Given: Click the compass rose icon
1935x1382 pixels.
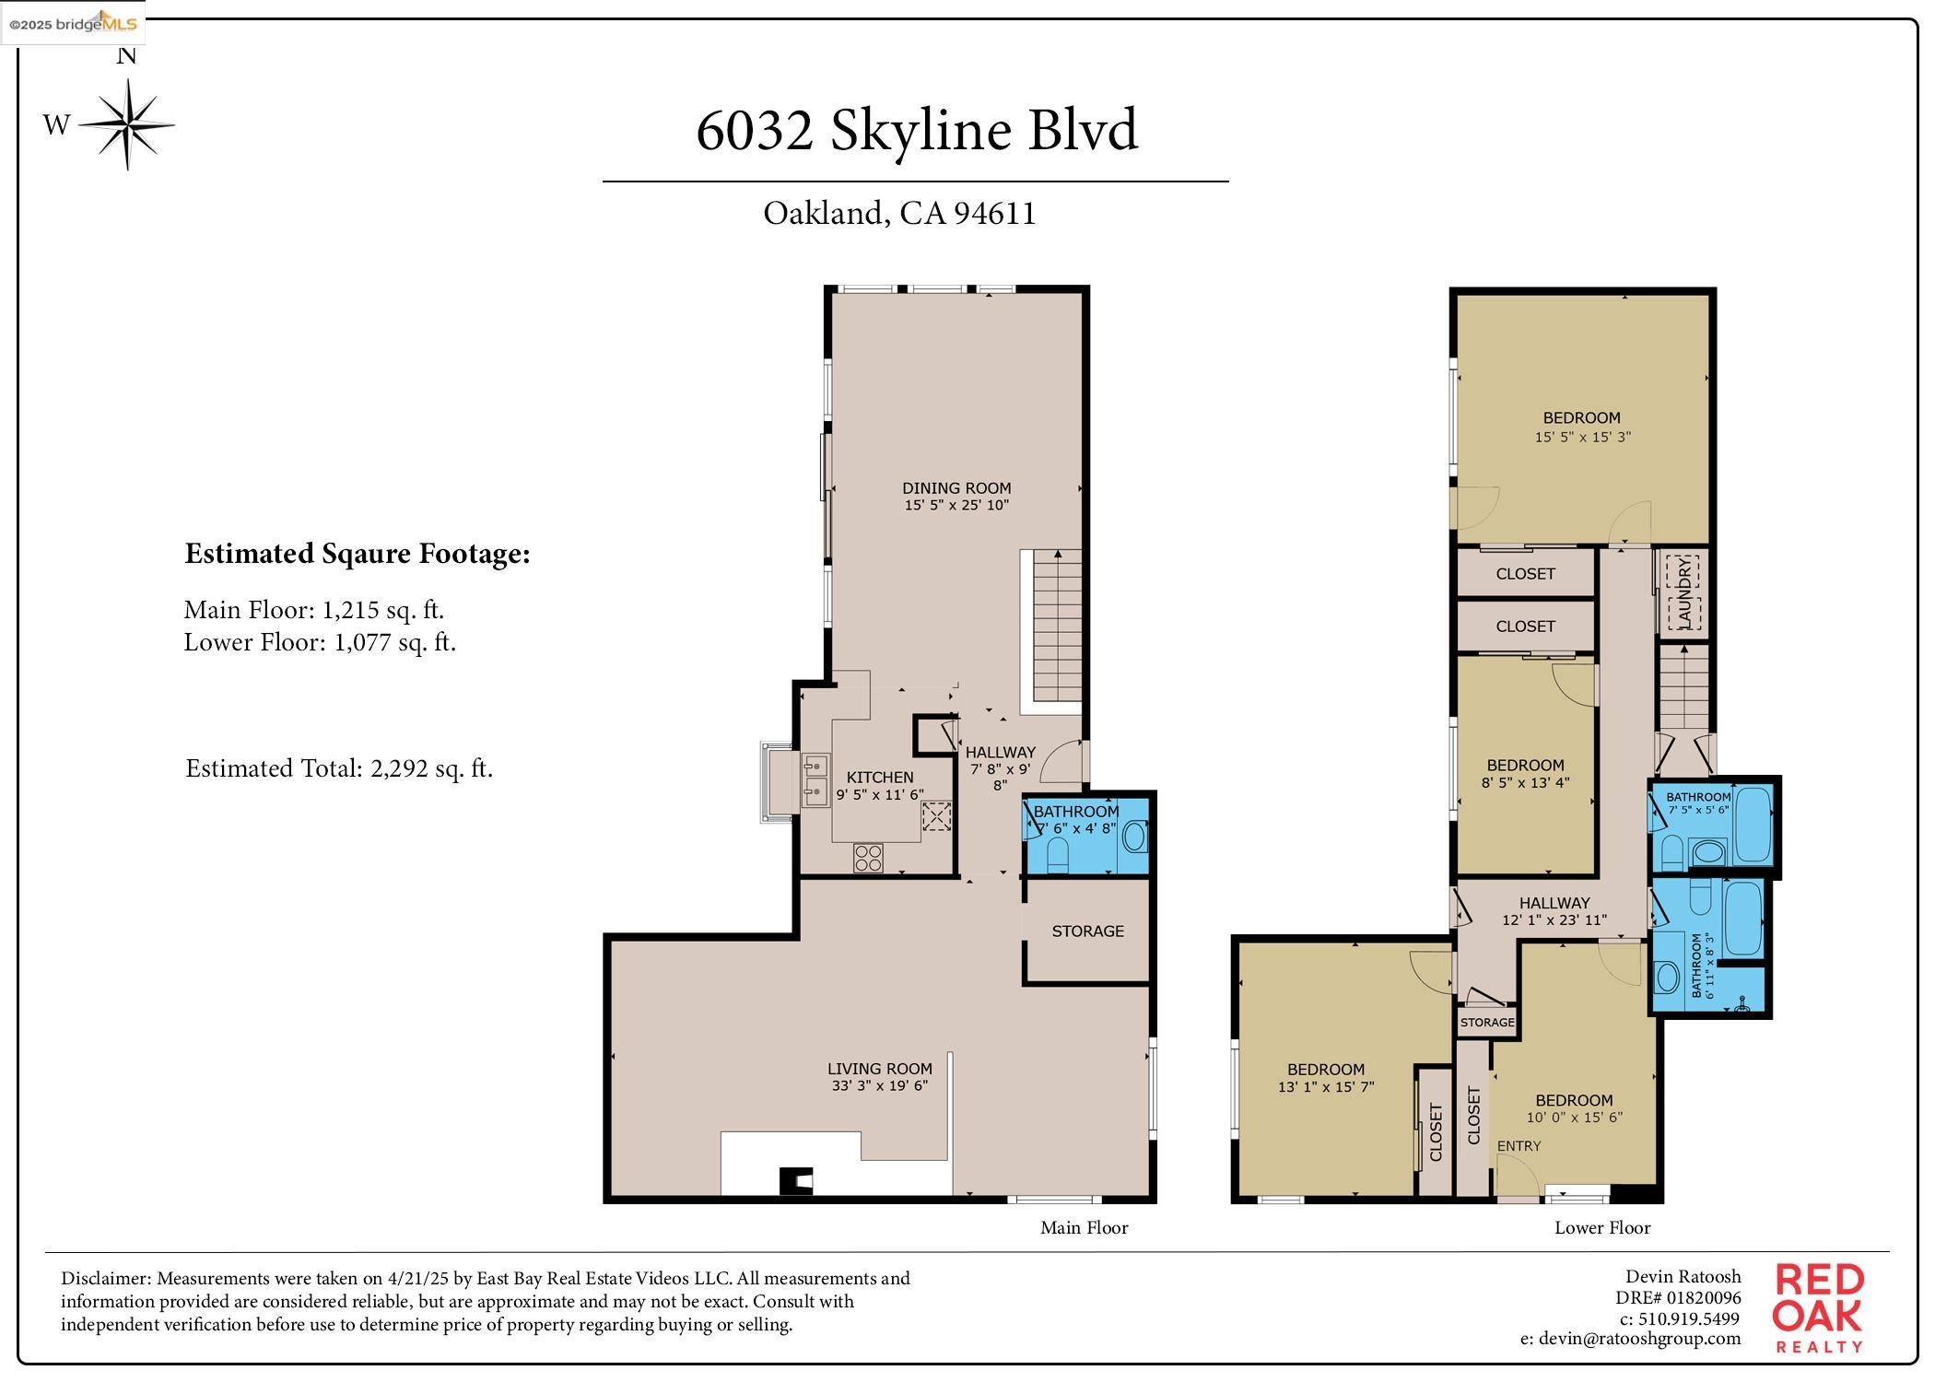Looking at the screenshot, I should coord(127,124).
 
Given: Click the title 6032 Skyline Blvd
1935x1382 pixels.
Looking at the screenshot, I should coord(916,130).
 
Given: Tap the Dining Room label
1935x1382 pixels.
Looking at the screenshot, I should coord(956,488).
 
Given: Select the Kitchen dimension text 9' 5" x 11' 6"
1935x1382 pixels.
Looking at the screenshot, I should coord(879,794).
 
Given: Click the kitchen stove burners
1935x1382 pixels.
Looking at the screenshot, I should coord(868,858).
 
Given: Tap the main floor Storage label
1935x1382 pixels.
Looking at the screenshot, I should coord(1087,931).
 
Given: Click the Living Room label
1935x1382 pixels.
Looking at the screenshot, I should coord(879,1069).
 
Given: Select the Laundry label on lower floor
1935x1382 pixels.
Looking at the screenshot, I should coord(1683,591).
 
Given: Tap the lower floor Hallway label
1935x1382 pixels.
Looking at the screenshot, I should coord(1554,903).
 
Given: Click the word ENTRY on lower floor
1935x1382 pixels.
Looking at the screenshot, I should coord(1519,1146).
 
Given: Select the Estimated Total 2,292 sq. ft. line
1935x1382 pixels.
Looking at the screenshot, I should coord(339,768).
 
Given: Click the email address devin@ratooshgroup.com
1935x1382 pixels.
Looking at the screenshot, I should coord(1630,1339).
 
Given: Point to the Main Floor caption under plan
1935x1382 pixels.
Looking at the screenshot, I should coord(1084,1228).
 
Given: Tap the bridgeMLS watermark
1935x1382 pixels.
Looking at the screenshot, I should coord(74,24).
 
